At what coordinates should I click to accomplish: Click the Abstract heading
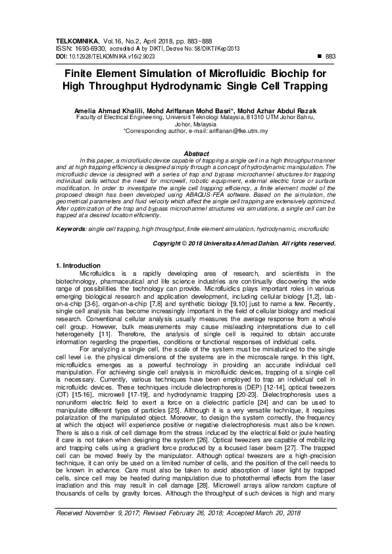point(196,153)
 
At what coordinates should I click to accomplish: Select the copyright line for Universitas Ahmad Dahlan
point(244,243)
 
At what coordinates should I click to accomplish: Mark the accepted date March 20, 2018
point(285,531)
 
